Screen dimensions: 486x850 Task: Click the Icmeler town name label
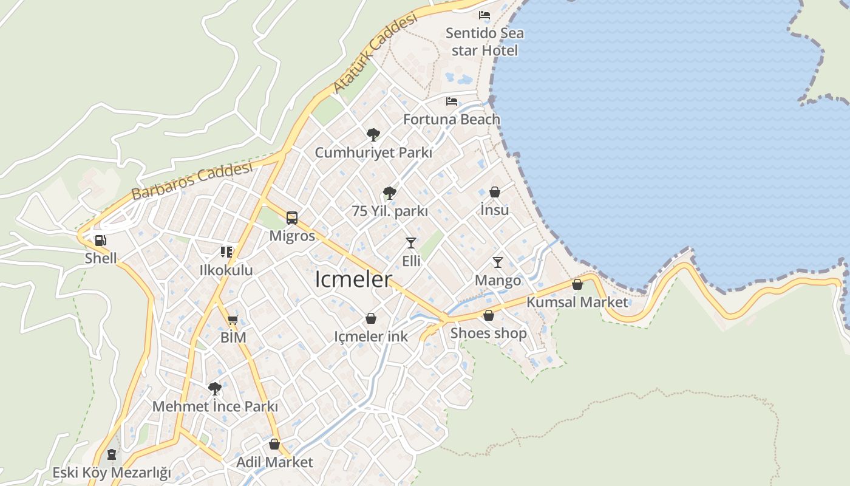(x=353, y=280)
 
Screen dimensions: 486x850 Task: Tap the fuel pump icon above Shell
(x=101, y=241)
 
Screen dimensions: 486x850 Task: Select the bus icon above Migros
(x=292, y=218)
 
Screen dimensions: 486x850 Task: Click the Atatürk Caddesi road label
(x=375, y=53)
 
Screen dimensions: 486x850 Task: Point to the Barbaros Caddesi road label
(x=191, y=181)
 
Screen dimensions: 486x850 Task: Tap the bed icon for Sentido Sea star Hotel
(x=484, y=15)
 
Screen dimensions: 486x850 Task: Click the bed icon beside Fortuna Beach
(x=452, y=101)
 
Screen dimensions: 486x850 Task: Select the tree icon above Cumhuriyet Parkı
(x=373, y=134)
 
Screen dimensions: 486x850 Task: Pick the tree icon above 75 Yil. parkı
(x=390, y=193)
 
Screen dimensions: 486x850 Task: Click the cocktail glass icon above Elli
(x=411, y=243)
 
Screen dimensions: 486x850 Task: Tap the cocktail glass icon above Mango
(x=498, y=262)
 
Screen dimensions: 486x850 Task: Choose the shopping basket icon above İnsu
(x=495, y=193)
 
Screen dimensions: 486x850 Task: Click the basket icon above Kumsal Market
(x=577, y=284)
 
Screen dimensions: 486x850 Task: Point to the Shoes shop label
(x=488, y=334)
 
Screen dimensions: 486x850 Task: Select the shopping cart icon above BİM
(x=233, y=320)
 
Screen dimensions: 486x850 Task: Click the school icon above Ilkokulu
(x=226, y=252)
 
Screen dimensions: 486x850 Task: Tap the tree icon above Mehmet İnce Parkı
(x=214, y=389)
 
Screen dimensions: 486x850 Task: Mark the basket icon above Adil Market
(x=274, y=444)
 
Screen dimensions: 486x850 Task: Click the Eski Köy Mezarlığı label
(x=111, y=473)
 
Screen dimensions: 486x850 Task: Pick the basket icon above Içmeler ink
(x=371, y=318)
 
